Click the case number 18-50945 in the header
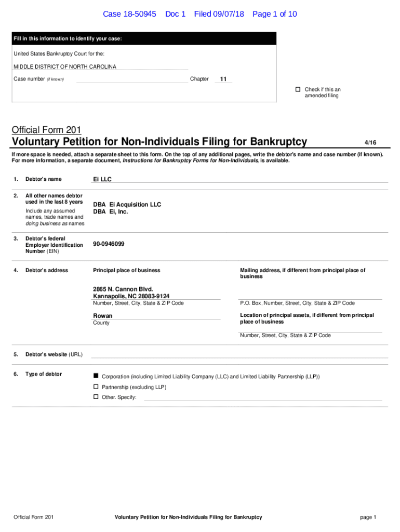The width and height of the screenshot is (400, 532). [x=138, y=14]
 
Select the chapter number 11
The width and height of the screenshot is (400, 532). [x=223, y=79]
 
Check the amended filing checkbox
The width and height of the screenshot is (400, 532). [x=298, y=89]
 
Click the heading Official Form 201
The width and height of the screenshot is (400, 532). [x=46, y=130]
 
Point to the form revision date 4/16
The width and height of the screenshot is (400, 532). [x=370, y=142]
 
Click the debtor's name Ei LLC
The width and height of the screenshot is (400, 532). [x=102, y=179]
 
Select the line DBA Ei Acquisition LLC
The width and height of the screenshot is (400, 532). [x=127, y=205]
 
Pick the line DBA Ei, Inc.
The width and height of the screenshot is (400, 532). [x=110, y=212]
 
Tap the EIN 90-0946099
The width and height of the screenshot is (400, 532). [x=109, y=244]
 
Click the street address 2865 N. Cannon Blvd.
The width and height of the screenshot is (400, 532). [x=123, y=289]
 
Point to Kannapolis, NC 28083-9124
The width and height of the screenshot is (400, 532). [x=131, y=296]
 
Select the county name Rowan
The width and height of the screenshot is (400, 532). [x=102, y=316]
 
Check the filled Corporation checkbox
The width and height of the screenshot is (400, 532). [x=96, y=376]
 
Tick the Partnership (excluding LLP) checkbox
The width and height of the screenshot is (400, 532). [x=96, y=387]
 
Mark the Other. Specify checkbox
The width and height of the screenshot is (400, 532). [x=96, y=397]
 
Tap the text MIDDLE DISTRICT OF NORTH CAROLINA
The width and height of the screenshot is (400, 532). [x=65, y=66]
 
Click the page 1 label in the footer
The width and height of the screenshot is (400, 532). [x=367, y=517]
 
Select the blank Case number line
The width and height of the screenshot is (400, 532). [x=132, y=79]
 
